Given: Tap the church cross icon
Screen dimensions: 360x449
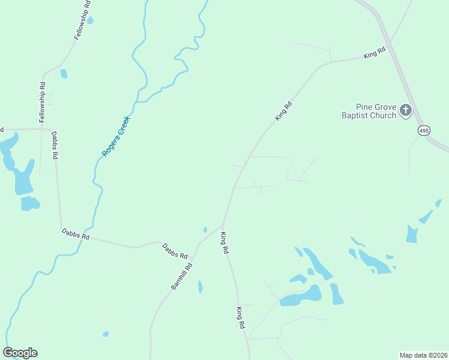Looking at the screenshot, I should point(406,110).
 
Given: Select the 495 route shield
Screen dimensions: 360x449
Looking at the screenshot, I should point(424,130).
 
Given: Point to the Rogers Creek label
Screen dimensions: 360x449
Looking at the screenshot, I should point(116,137).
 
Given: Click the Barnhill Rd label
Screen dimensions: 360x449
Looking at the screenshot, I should point(181,277).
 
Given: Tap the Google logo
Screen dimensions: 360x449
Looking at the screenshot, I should point(20,353).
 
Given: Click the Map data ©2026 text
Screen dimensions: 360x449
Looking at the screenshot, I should point(423,355).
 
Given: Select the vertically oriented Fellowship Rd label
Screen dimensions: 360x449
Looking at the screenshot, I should point(43,103).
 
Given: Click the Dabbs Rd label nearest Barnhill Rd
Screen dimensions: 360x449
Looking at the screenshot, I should point(175,250).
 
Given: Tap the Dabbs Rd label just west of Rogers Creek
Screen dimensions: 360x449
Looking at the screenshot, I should point(75,234).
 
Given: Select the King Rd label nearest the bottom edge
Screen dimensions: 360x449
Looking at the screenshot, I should point(240,317).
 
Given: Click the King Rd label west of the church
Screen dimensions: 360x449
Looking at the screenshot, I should point(283,112).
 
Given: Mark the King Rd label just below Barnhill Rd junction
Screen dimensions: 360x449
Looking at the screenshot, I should point(224,243).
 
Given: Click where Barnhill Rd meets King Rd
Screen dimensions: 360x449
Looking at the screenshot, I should point(223,226).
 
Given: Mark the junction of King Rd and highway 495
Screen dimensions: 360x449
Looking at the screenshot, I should point(389,43).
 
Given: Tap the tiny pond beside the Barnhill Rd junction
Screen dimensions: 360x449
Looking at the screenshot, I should point(205,229).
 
